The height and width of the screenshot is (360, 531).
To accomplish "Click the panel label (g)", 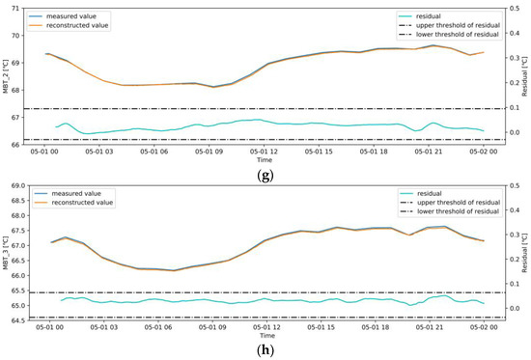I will click(264, 174).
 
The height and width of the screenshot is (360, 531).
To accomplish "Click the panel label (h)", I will click(264, 350).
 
